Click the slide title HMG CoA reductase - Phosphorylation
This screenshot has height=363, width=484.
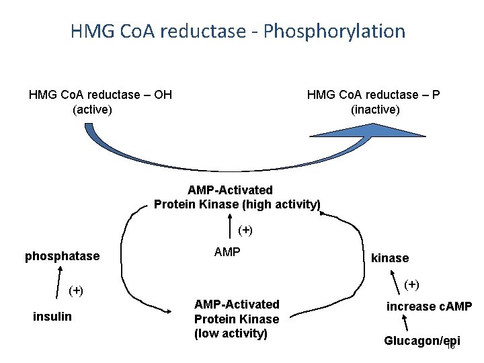pyautogui.click(x=237, y=31)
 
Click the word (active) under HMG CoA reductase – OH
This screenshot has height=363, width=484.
pyautogui.click(x=92, y=109)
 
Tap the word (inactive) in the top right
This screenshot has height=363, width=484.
pyautogui.click(x=375, y=109)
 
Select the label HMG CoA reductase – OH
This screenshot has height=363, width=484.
pyautogui.click(x=100, y=95)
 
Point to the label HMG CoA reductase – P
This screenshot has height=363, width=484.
pyautogui.click(x=374, y=95)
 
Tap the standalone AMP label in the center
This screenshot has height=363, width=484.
pyautogui.click(x=227, y=253)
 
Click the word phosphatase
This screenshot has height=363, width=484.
pyautogui.click(x=62, y=256)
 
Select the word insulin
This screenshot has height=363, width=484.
pyautogui.click(x=52, y=317)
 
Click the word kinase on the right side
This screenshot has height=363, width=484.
pyautogui.click(x=390, y=257)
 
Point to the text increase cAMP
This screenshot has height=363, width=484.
pyautogui.click(x=429, y=307)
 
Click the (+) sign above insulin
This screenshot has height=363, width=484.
pyautogui.click(x=76, y=290)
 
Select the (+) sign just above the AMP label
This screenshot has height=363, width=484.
pyautogui.click(x=245, y=230)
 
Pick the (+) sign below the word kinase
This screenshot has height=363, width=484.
pyautogui.click(x=411, y=284)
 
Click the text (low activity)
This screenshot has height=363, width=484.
pyautogui.click(x=231, y=333)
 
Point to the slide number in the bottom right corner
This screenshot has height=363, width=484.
pyautogui.click(x=451, y=347)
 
